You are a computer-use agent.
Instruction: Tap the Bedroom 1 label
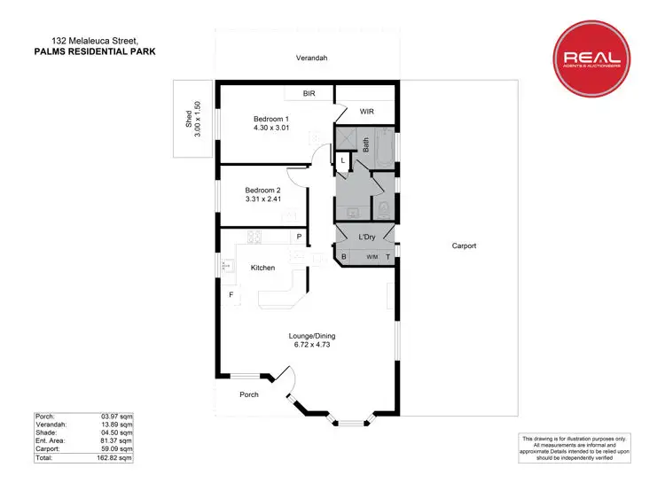click(x=271, y=119)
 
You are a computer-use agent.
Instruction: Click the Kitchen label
click(x=262, y=268)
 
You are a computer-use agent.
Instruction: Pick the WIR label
click(x=366, y=113)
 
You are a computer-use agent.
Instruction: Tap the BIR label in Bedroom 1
click(x=309, y=92)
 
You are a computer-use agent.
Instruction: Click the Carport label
click(x=464, y=245)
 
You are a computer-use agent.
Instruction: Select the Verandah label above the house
click(x=311, y=58)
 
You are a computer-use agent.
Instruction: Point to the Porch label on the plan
click(x=248, y=394)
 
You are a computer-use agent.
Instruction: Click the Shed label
click(x=188, y=119)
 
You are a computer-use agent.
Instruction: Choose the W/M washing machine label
click(x=372, y=257)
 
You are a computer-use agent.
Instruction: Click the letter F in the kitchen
click(x=231, y=294)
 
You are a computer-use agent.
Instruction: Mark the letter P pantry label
click(x=299, y=237)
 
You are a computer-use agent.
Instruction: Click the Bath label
click(x=365, y=144)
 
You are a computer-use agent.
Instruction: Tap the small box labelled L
click(x=343, y=160)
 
